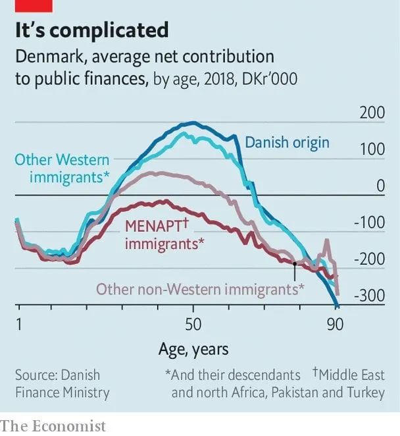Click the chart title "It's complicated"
click(91, 30)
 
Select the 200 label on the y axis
click(372, 113)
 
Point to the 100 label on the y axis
click(372, 150)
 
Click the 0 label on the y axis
click(380, 186)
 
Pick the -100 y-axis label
click(369, 223)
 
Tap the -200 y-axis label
click(369, 259)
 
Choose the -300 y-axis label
click(369, 296)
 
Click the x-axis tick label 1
click(19, 325)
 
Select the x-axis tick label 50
click(192, 325)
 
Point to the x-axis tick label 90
click(336, 325)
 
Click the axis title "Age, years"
click(193, 348)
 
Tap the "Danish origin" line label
click(287, 142)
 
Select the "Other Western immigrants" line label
click(62, 169)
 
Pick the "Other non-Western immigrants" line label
click(200, 288)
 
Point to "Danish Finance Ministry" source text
click(62, 384)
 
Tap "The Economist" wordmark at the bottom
click(53, 425)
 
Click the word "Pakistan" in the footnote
click(299, 393)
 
